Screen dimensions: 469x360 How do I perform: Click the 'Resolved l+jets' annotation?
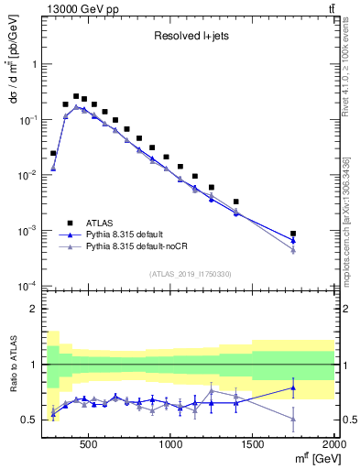(190, 38)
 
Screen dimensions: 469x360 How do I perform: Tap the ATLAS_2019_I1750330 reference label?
(190, 273)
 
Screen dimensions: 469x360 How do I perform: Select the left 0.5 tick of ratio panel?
(29, 420)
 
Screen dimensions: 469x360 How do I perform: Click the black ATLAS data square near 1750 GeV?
(293, 234)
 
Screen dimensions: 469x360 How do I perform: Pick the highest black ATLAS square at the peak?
(76, 94)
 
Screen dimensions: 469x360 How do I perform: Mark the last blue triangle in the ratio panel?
(293, 387)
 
